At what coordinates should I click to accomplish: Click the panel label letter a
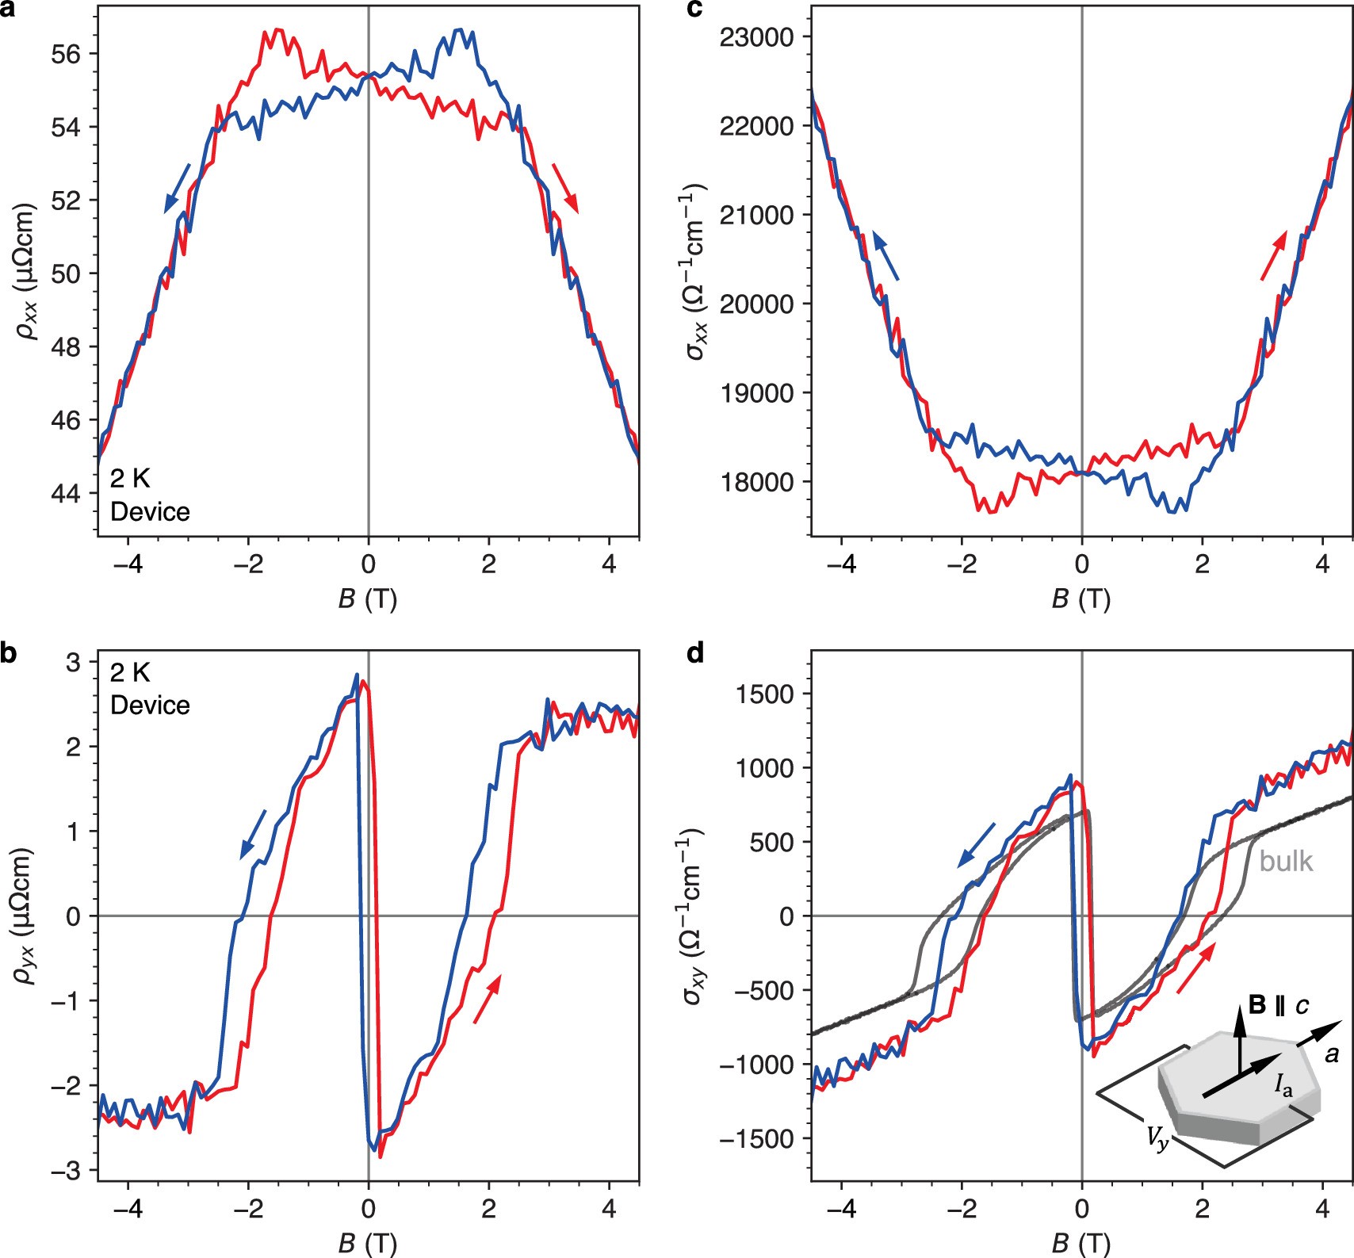[8, 10]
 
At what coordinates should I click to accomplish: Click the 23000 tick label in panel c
[756, 37]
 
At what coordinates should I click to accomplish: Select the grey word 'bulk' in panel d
[1286, 862]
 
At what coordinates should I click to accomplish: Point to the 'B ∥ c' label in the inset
[1279, 1005]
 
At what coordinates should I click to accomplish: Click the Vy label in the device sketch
[1157, 1139]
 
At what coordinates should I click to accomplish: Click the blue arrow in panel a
[177, 188]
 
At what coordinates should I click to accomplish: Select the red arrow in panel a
[565, 188]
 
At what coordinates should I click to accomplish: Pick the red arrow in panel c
[1273, 254]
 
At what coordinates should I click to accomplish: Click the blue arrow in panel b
[253, 834]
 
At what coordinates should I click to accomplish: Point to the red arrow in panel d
[1195, 968]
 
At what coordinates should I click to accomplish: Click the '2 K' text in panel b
[130, 673]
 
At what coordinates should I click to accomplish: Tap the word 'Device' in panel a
[150, 512]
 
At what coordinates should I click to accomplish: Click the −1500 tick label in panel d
[756, 1139]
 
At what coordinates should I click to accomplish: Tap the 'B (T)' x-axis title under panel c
[1081, 598]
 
